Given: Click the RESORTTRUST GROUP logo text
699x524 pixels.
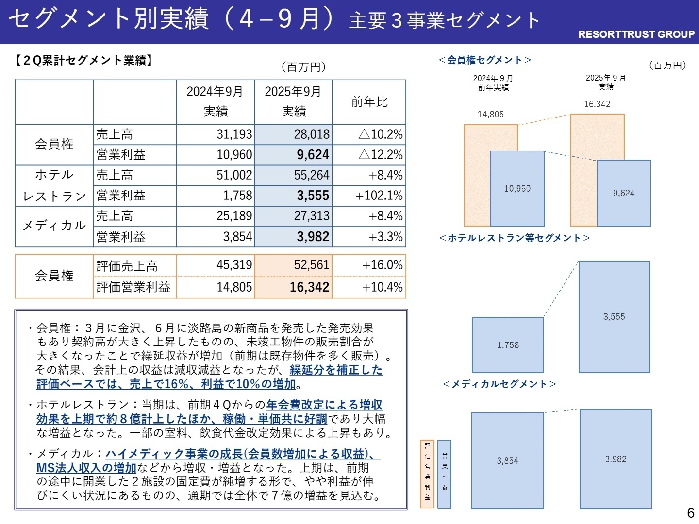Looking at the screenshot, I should [636, 34].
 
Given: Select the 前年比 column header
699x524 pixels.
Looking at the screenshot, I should [369, 102].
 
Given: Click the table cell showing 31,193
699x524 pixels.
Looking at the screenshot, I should [216, 134].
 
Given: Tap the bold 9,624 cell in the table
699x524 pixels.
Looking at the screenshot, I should [294, 155].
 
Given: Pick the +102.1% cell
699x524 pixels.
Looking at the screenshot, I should [369, 196].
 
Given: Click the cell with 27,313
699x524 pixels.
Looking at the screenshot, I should [294, 216].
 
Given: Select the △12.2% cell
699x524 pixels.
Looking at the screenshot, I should [369, 155].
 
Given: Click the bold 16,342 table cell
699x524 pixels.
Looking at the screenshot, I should [294, 287].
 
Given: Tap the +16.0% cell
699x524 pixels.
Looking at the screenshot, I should [369, 265].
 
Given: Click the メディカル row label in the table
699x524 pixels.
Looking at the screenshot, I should [54, 226].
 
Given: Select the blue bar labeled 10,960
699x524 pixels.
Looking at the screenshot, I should [517, 189].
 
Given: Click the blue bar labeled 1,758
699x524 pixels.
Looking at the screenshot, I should [508, 345].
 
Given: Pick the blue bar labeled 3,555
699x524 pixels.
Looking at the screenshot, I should [614, 317].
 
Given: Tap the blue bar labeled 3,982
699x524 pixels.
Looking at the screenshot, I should [616, 459].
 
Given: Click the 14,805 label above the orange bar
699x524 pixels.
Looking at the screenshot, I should [490, 115].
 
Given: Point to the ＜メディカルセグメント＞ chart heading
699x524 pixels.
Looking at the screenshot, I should [499, 384].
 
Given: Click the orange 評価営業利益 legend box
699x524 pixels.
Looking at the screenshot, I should [427, 474].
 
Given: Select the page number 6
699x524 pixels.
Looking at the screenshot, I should [690, 513].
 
